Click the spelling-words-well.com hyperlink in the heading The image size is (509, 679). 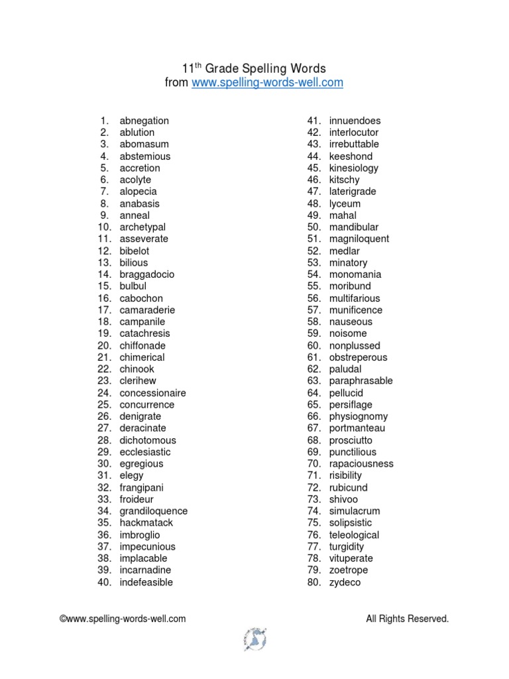pos(267,83)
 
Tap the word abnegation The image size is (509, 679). pos(144,121)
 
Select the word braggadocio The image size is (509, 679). pos(147,275)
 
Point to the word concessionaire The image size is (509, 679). pos(152,393)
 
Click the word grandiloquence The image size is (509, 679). pos(153,511)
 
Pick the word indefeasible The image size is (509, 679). pos(146,582)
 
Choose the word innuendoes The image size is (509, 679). pos(355,121)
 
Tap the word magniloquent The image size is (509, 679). pos(359,239)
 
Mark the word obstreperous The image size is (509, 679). pos(358,357)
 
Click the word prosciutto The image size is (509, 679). pos(351,440)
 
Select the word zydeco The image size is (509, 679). pos(345,582)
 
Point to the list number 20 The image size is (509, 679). pos(104,345)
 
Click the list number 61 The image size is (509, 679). pos(313,357)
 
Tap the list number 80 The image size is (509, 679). pos(313,582)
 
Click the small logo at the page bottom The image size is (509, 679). pos(254,639)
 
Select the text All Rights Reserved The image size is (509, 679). pos(407,619)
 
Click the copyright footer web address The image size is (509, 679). pos(123,619)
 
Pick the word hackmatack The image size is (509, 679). pos(146,523)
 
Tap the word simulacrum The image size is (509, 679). pos(354,511)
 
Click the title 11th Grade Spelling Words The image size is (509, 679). pos(254,68)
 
